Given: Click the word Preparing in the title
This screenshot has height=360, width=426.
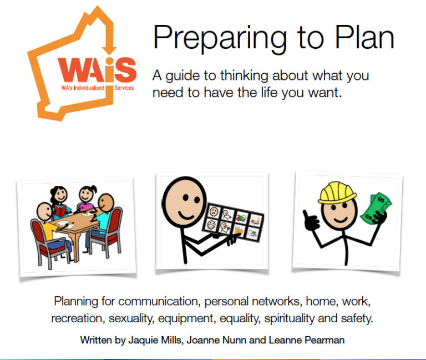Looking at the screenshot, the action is point(220,38).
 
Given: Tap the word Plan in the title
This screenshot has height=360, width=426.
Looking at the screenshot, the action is point(364,37).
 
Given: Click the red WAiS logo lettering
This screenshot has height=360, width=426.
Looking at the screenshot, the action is point(97,69).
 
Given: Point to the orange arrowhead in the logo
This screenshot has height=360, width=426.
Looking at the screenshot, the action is point(109,50).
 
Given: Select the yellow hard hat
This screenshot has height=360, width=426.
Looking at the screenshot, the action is point(337,192).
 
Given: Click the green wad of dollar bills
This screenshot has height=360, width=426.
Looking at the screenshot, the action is point(376,208).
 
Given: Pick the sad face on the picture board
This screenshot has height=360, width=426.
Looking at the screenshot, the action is point(214,211).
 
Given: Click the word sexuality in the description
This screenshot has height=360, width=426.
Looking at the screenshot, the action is point(131,318).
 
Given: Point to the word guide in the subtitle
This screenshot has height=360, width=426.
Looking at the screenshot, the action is point(183,76).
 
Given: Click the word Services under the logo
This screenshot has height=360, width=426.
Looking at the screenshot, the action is point(124,88).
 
